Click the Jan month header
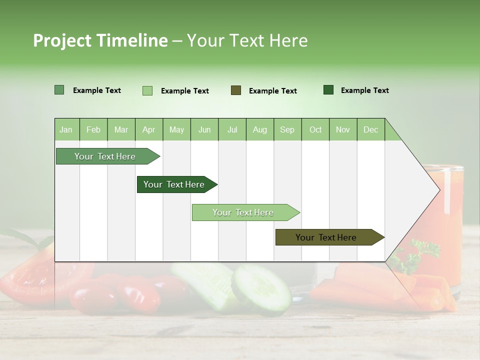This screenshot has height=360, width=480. coord(66,129)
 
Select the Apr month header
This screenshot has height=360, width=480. coord(149,129)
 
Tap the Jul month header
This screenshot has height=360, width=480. coord(232,129)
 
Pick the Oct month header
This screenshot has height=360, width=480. coord(315,129)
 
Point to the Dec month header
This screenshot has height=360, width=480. coord(370,129)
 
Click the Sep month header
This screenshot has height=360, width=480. coord(287,129)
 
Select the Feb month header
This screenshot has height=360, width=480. coord(93,129)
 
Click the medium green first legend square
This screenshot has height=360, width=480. coord(59,90)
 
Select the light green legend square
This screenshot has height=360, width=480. coord(147,90)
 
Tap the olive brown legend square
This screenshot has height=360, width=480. coord(236,90)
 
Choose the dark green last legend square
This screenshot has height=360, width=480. coord(328,90)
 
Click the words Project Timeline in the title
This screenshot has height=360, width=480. coord(100,40)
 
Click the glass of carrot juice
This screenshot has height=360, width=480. coord(450,220)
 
